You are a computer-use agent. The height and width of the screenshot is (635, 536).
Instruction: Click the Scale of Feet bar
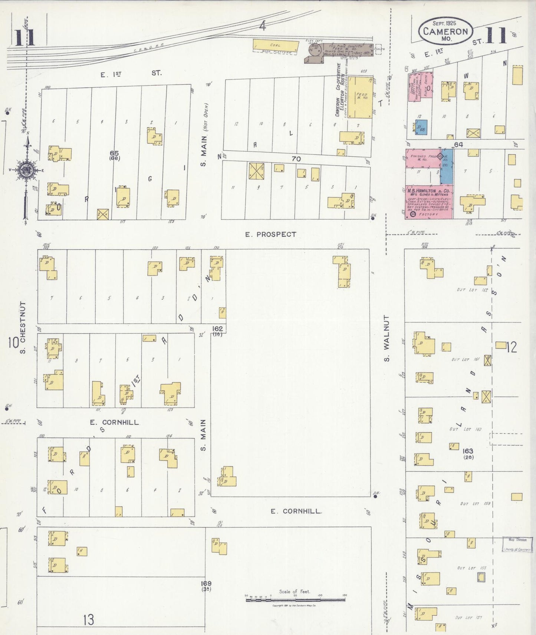coord(295,599)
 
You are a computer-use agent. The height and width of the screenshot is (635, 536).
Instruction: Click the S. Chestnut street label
coord(23,328)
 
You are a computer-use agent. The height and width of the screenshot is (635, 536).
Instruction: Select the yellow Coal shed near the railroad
coord(276,45)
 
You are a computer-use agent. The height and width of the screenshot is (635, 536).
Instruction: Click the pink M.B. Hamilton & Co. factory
coord(428,202)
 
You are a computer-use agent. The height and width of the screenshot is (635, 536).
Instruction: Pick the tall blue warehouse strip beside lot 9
coord(447,167)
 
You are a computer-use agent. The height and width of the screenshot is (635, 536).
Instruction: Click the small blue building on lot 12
coord(421,127)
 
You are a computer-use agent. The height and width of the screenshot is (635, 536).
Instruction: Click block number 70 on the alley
coord(296,159)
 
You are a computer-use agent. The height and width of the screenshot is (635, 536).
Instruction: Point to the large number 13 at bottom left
coord(88,619)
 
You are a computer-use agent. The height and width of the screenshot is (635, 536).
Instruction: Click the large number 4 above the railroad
coord(263,26)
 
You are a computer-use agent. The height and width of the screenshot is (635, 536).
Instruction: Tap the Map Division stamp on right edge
coord(517,544)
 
